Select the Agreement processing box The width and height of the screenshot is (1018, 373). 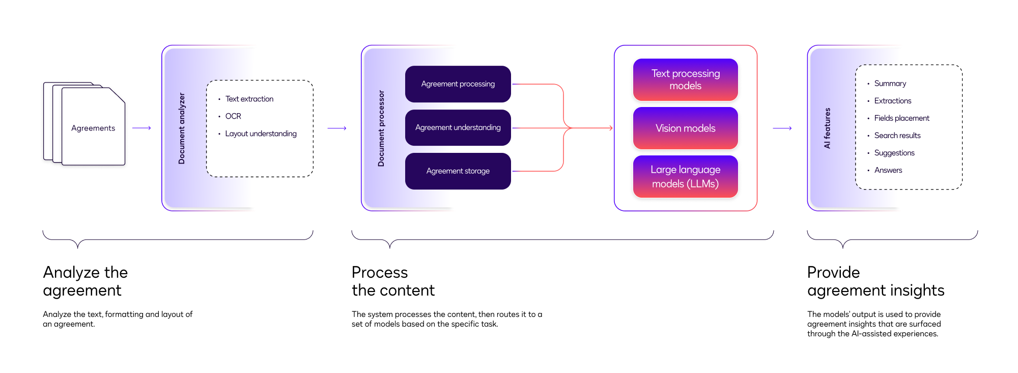coord(458,84)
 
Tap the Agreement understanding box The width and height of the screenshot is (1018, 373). coord(458,127)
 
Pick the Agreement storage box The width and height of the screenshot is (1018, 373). coord(458,171)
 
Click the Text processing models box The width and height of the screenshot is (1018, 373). coord(685,79)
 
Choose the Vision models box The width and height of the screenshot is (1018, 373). coord(685,128)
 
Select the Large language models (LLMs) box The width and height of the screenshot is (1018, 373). coord(685,176)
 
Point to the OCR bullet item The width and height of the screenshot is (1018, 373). coord(233,116)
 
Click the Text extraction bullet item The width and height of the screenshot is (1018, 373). coord(249,99)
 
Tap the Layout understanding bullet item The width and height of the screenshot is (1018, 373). coord(261,134)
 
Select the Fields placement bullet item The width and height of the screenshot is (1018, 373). coord(901,118)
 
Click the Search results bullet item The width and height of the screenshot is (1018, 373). coord(897,136)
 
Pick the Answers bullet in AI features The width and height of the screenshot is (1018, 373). coord(888,170)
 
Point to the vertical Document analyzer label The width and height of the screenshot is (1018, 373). coord(182,128)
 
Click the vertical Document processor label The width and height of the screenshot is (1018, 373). coord(381,128)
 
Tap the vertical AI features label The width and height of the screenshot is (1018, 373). coord(827,128)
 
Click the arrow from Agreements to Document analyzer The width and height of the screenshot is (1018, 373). coord(142,128)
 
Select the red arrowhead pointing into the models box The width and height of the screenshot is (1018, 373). coord(610,128)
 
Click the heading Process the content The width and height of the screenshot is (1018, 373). coord(392,281)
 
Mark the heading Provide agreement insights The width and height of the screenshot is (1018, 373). coord(875,281)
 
